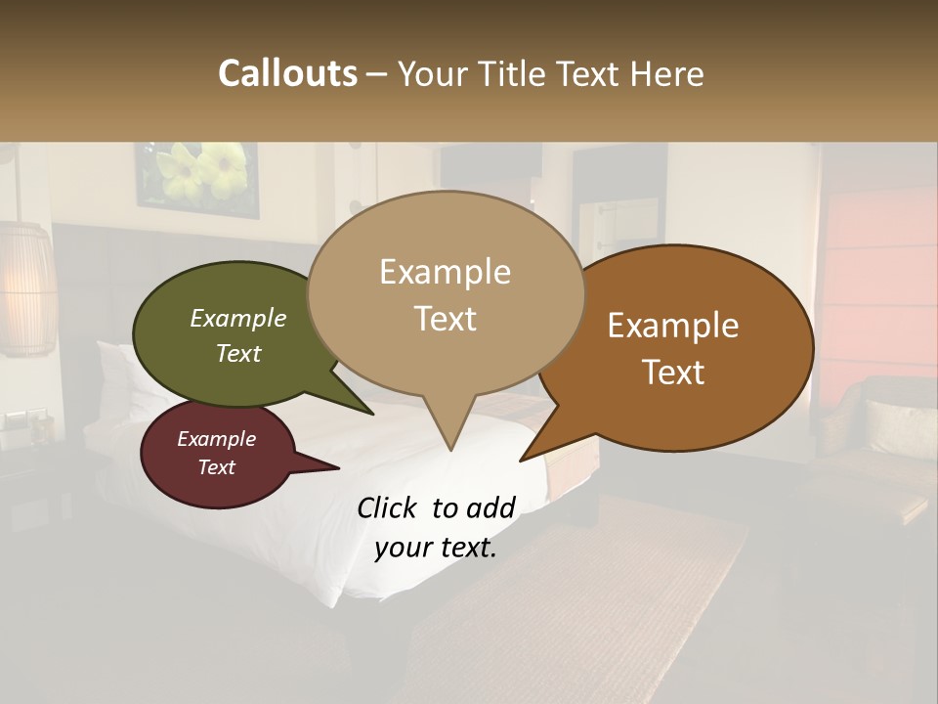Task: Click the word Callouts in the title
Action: (287, 74)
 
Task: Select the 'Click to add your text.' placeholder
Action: (436, 527)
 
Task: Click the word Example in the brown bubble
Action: (673, 326)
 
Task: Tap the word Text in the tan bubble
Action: (446, 319)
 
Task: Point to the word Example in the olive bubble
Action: (238, 318)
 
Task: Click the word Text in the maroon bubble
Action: (217, 467)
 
